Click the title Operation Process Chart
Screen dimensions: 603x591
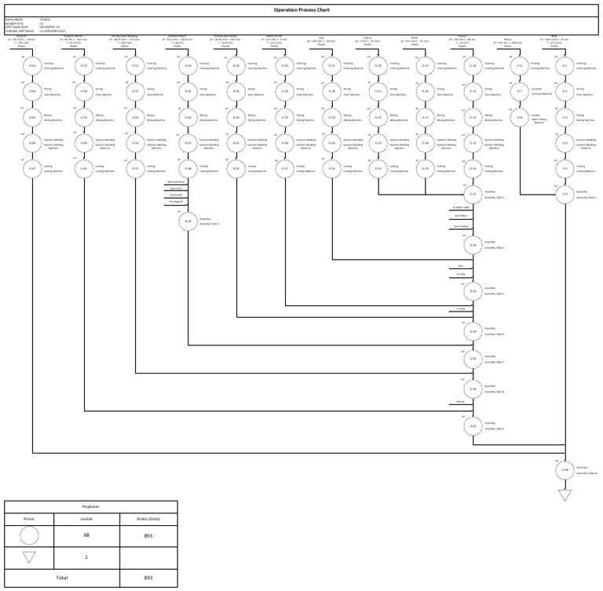[x=301, y=9]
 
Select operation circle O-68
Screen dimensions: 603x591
[x=564, y=469]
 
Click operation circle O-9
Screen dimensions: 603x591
[x=564, y=194]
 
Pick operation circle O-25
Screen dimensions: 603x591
[x=473, y=194]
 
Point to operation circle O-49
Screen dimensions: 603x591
[x=188, y=221]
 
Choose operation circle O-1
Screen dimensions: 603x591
[x=564, y=66]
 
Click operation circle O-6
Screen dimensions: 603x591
[x=520, y=66]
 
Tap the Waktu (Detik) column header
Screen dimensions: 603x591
[x=148, y=518]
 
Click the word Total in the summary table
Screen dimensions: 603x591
[x=61, y=577]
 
